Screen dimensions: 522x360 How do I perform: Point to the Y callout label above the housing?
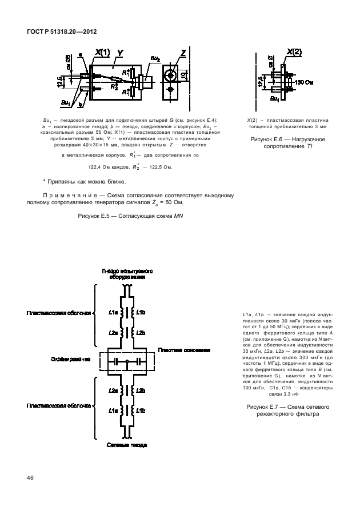coord(121,53)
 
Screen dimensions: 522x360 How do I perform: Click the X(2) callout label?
coord(294,52)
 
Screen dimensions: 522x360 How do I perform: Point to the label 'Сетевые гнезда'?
coord(128,444)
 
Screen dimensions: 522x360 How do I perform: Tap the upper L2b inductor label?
coord(141,332)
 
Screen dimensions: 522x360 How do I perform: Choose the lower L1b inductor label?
coord(141,410)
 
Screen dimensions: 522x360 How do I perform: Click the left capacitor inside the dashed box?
coord(117,361)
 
